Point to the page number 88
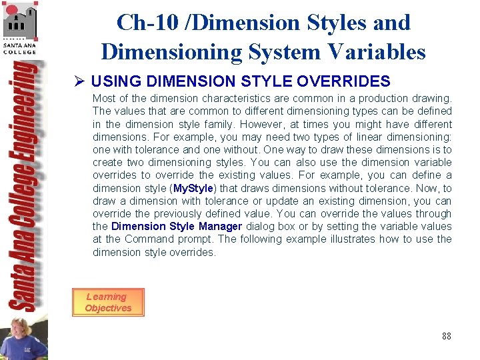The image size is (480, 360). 446,336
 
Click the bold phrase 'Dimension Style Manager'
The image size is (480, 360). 177,227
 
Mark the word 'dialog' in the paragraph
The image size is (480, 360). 261,227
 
